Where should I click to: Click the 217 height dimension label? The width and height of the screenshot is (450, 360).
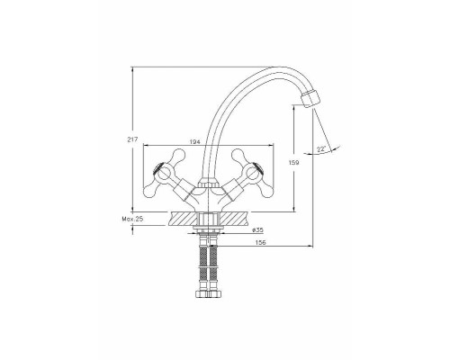pyautogui.click(x=132, y=139)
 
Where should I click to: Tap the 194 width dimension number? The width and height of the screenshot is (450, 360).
pyautogui.click(x=195, y=142)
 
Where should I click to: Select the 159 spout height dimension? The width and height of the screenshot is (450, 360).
pyautogui.click(x=294, y=163)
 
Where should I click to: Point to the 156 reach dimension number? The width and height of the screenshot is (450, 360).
pyautogui.click(x=261, y=242)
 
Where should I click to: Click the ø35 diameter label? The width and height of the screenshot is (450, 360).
pyautogui.click(x=258, y=230)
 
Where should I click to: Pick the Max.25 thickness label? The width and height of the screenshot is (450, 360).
pyautogui.click(x=132, y=219)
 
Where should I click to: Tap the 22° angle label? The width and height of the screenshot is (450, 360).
pyautogui.click(x=321, y=148)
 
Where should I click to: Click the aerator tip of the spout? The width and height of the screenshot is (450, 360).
pyautogui.click(x=310, y=99)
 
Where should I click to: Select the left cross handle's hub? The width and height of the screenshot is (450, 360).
pyautogui.click(x=162, y=174)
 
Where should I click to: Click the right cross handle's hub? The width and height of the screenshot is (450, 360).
pyautogui.click(x=252, y=174)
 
